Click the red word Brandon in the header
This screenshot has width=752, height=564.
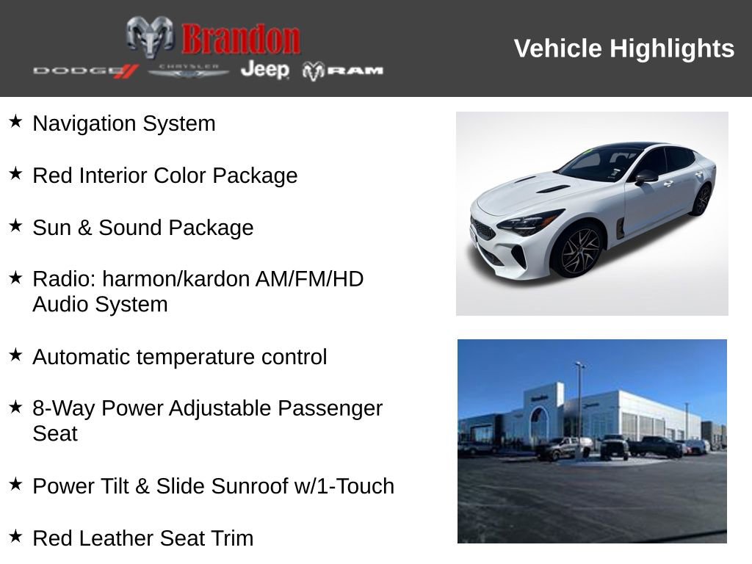pyautogui.click(x=241, y=39)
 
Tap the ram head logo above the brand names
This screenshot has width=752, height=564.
pyautogui.click(x=150, y=36)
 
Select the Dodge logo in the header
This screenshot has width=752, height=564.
pyautogui.click(x=85, y=70)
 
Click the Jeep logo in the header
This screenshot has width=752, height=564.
pyautogui.click(x=264, y=70)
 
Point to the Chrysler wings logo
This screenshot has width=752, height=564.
pyautogui.click(x=189, y=70)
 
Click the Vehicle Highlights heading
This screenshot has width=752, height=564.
pyautogui.click(x=623, y=48)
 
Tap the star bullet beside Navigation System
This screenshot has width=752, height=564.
pyautogui.click(x=15, y=121)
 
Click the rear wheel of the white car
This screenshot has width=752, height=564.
pyautogui.click(x=701, y=199)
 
